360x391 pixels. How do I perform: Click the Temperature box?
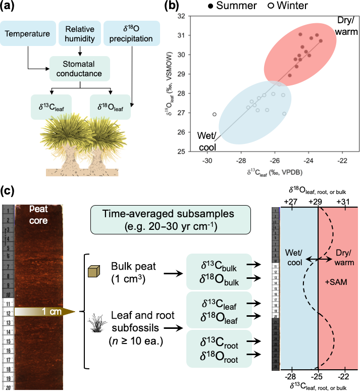coord(27,35)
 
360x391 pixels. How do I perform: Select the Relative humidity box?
coord(79,34)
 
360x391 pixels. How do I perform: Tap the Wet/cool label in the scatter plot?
coord(208,140)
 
